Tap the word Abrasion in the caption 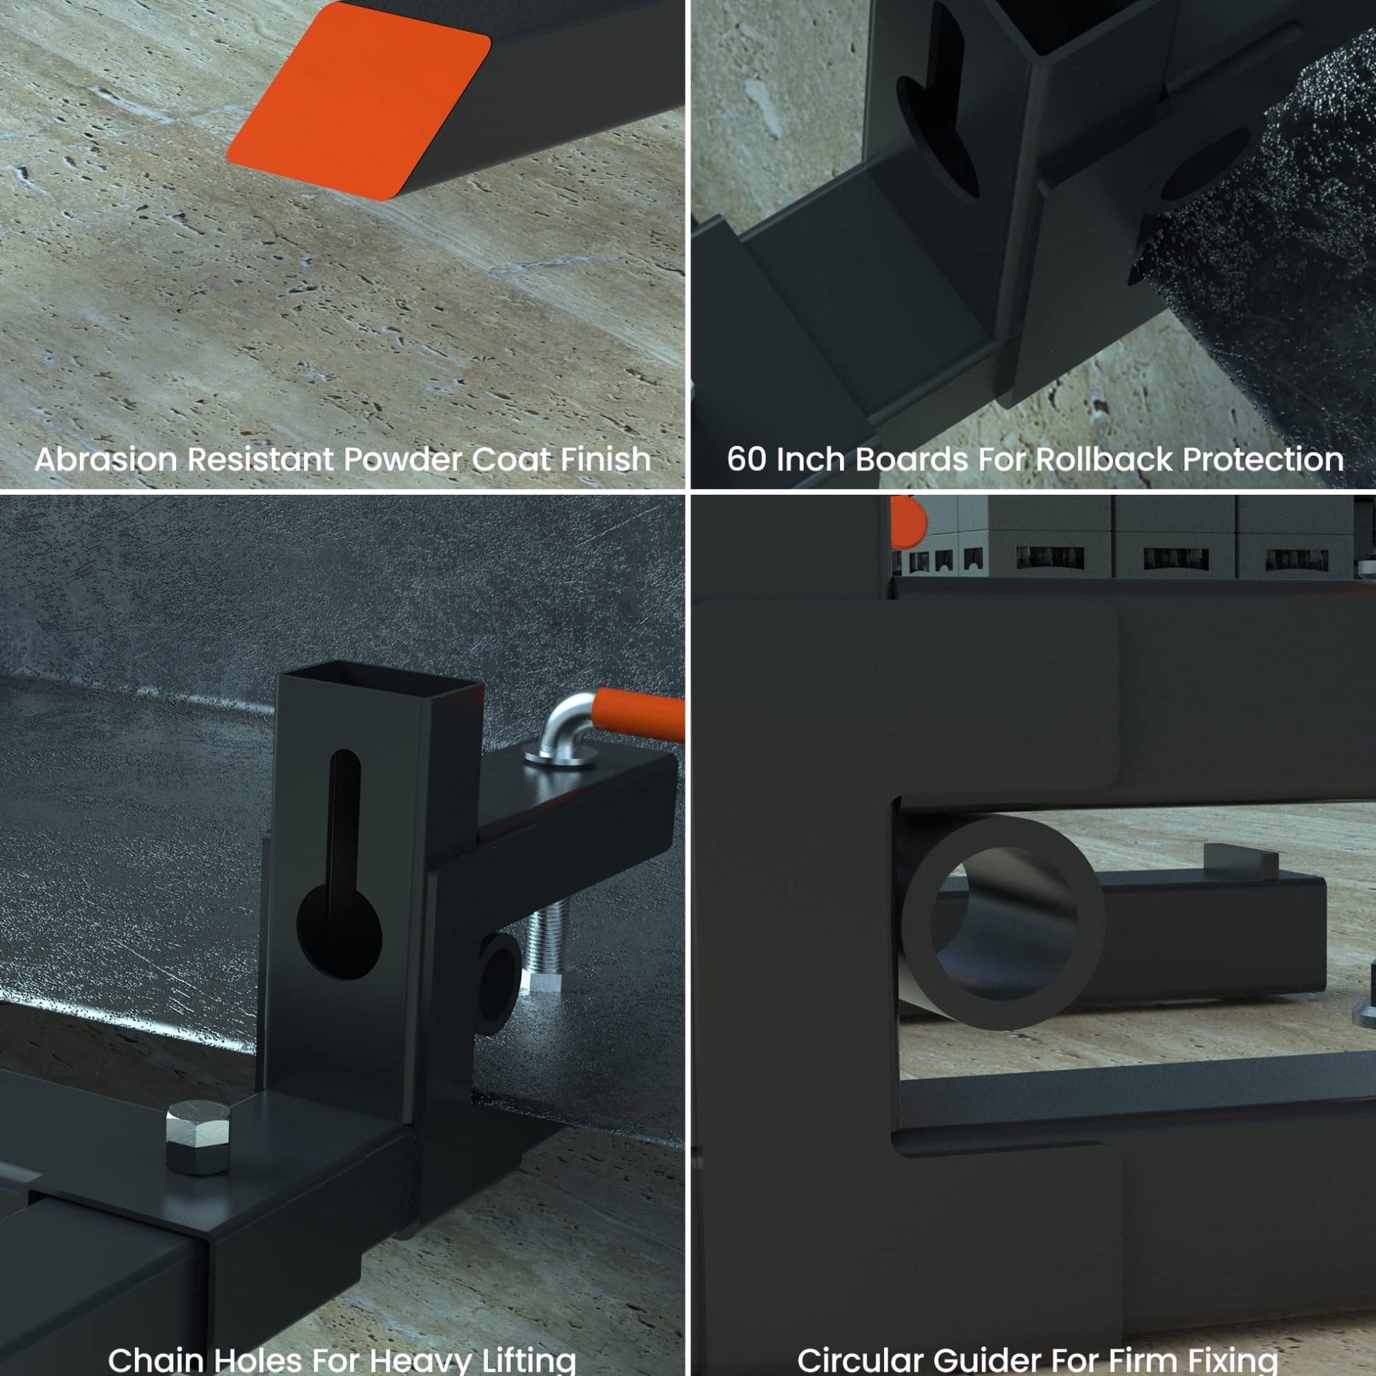[105, 460]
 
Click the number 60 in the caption [747, 460]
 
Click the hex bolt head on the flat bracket [198, 1138]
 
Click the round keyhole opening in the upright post [339, 933]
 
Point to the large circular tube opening [1002, 922]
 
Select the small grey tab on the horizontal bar [1241, 861]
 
